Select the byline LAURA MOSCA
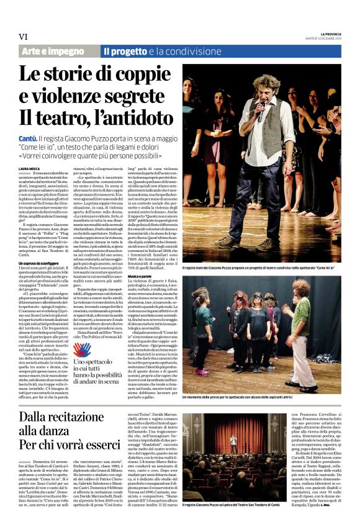(29, 168)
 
